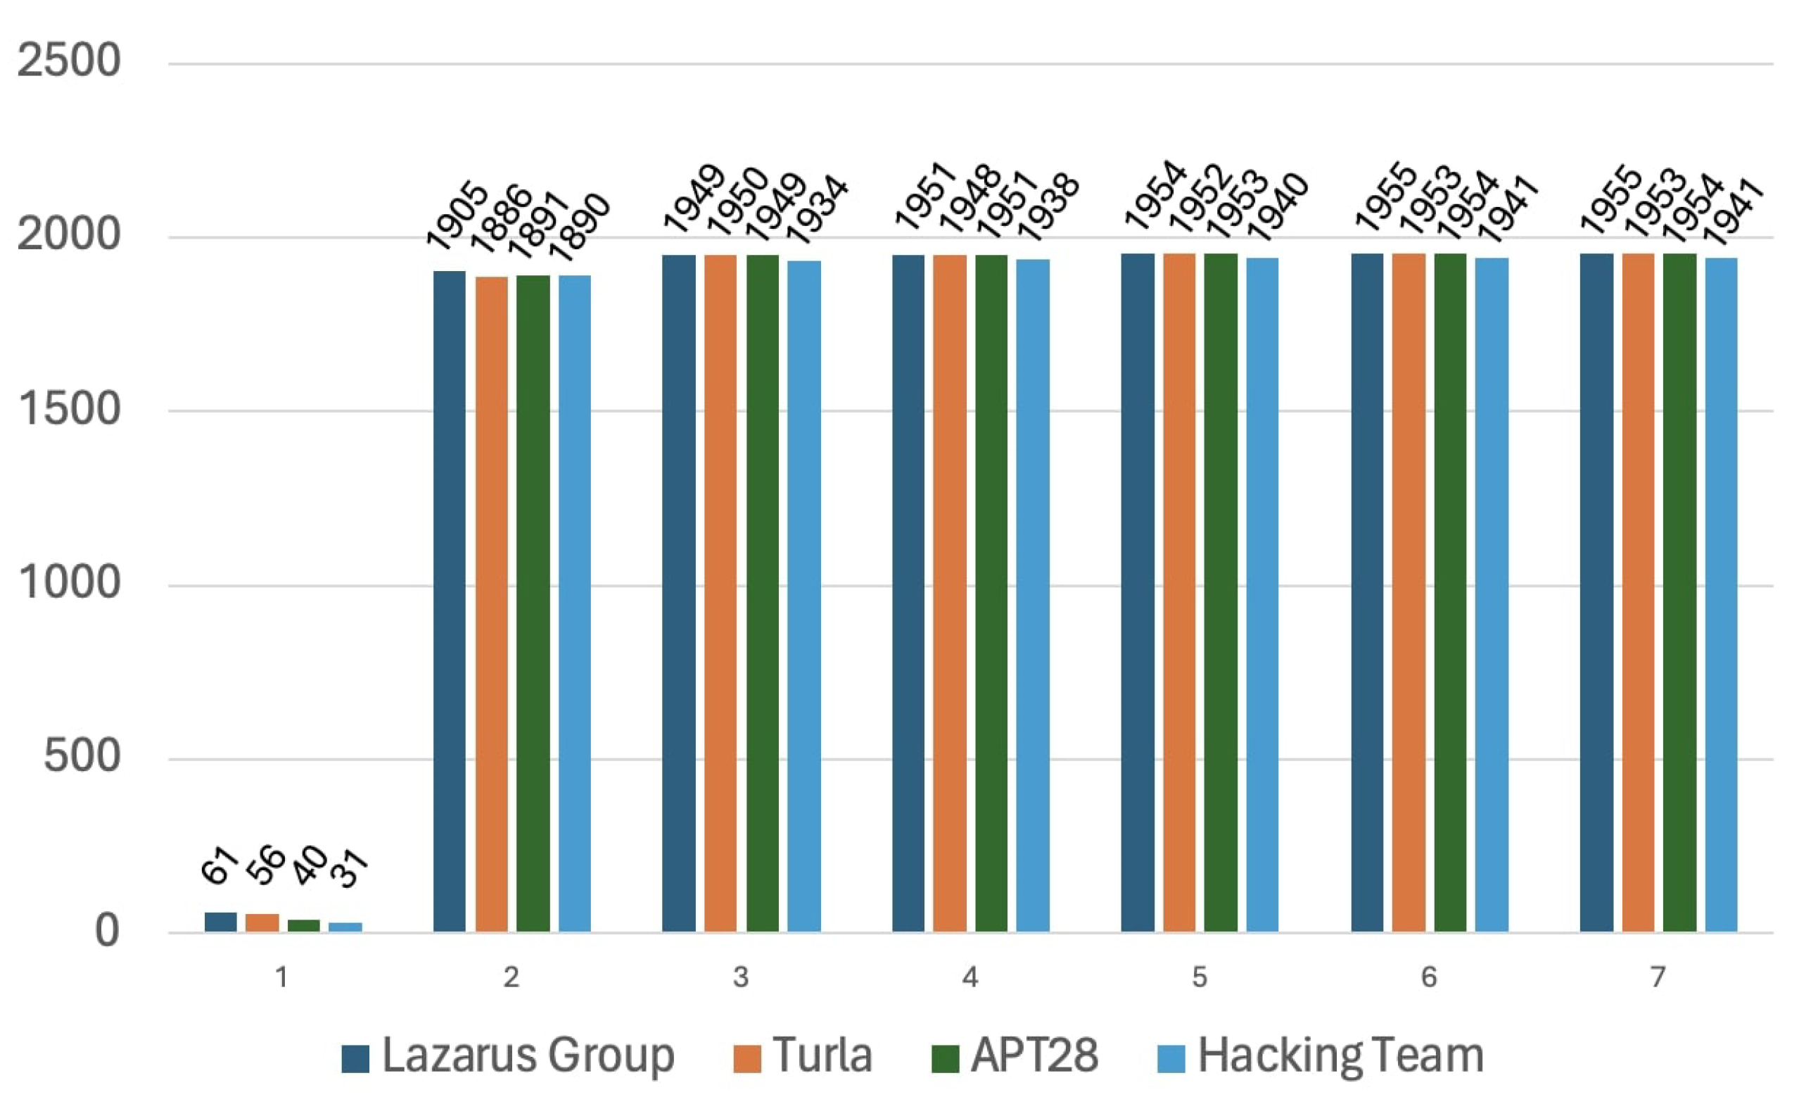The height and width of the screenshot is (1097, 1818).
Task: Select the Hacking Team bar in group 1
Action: (345, 927)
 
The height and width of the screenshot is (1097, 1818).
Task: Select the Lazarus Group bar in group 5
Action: (1137, 592)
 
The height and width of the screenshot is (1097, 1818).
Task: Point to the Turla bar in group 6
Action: (1409, 592)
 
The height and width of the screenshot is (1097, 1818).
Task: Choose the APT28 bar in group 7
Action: (1679, 592)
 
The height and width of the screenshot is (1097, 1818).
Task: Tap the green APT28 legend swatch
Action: (945, 1058)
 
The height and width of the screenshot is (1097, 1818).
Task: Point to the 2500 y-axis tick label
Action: (69, 60)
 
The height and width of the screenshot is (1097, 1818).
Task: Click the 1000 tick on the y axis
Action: (69, 582)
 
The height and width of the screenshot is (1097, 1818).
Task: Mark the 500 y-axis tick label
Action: (81, 756)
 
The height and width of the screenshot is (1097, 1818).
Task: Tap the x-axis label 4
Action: (970, 977)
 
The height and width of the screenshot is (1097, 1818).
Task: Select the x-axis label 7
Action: (1658, 977)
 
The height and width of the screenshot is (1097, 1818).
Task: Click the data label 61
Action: (219, 865)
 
